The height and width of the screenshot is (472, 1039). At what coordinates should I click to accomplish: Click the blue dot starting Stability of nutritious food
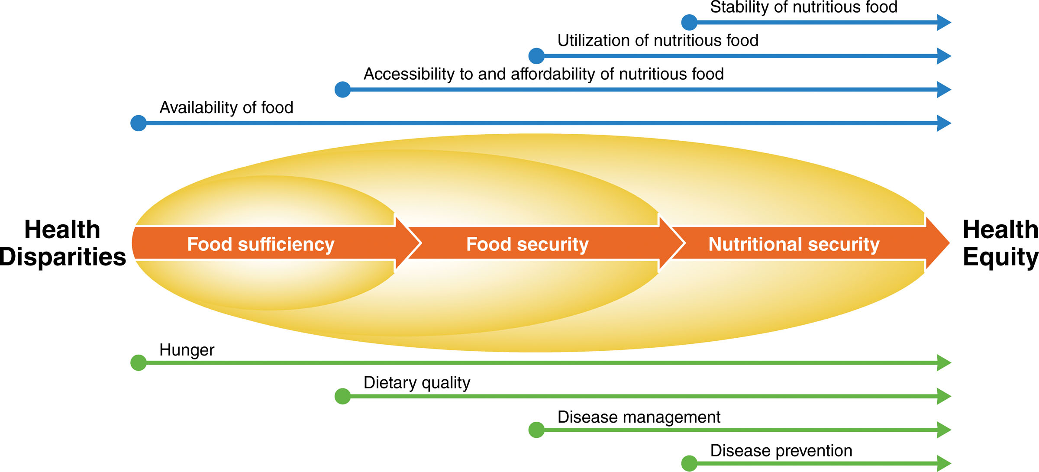pos(689,22)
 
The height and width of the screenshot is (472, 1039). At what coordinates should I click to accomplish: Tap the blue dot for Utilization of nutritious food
pos(536,56)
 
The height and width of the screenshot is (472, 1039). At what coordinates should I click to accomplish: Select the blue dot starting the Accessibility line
pos(342,90)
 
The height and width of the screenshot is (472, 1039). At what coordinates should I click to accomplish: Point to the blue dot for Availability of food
pos(139,123)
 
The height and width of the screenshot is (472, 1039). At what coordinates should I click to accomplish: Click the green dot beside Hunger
pos(139,362)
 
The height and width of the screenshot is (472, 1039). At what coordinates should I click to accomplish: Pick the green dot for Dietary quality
pos(342,396)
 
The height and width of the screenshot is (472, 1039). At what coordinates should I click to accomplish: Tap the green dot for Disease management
pos(536,430)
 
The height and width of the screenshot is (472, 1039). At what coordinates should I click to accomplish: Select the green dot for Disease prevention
pos(689,463)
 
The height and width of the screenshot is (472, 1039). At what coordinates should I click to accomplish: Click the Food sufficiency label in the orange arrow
pos(261,244)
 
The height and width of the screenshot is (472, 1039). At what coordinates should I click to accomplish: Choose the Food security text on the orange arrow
pos(527,244)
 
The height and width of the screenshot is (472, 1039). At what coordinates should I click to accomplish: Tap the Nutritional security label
pos(794,244)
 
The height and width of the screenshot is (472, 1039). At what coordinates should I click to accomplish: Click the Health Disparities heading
pos(62,243)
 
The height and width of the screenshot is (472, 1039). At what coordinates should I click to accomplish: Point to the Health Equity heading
pos(1000,243)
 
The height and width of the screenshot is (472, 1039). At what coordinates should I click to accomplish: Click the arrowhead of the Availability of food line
pos(944,123)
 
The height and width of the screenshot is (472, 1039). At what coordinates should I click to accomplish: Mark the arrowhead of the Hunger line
pos(944,362)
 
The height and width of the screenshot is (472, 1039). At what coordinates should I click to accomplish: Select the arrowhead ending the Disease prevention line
pos(944,463)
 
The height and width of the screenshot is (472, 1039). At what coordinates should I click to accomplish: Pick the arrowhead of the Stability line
pos(944,22)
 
